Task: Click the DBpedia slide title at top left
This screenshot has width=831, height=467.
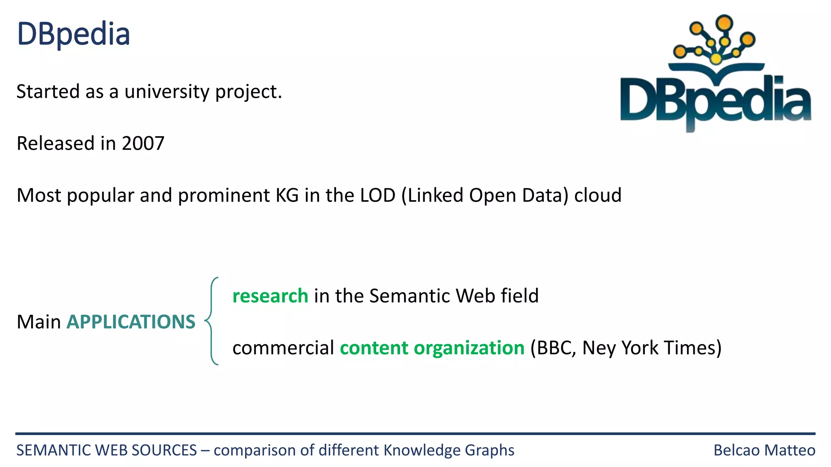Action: (x=73, y=34)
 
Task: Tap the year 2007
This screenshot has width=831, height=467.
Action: (x=143, y=144)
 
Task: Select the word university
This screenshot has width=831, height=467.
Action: (x=167, y=92)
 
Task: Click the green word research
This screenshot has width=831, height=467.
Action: (x=270, y=296)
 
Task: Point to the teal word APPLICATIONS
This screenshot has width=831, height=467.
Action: (x=131, y=322)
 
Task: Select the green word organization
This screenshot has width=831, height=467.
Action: (x=469, y=348)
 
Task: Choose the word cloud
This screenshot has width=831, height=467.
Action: (x=598, y=195)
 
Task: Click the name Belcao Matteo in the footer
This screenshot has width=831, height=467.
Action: (x=764, y=450)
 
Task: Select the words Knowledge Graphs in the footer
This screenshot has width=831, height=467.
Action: (x=449, y=450)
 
